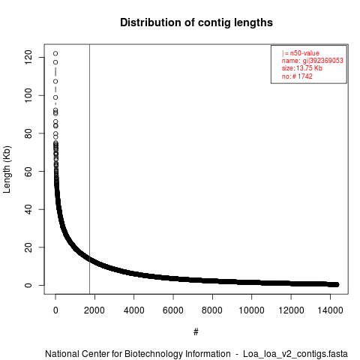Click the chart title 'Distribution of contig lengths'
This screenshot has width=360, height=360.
pos(196,22)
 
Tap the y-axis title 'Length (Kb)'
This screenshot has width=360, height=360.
pos(7,169)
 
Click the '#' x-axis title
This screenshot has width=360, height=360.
pos(196,332)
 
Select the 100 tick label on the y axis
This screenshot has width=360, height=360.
pos(28,95)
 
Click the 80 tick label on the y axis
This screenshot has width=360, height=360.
pos(28,133)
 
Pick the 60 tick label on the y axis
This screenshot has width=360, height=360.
pos(28,171)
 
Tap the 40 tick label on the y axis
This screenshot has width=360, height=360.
pos(28,209)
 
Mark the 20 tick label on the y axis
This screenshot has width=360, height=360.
pos(28,247)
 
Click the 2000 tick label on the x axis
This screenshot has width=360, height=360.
pos(94,310)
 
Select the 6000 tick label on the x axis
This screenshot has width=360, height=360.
pos(173,310)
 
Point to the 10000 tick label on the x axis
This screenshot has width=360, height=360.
pos(251,310)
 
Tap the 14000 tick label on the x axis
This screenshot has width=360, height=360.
pos(330,310)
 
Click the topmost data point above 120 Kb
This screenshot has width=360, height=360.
pos(55,53)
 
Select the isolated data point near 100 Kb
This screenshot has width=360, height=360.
pos(55,97)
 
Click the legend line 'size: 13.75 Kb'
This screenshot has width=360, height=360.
pos(302,68)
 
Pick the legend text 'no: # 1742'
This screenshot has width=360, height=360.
pos(297,76)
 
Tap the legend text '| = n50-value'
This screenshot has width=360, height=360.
pos(301,53)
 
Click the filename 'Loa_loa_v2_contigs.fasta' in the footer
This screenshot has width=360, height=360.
pos(295,354)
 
